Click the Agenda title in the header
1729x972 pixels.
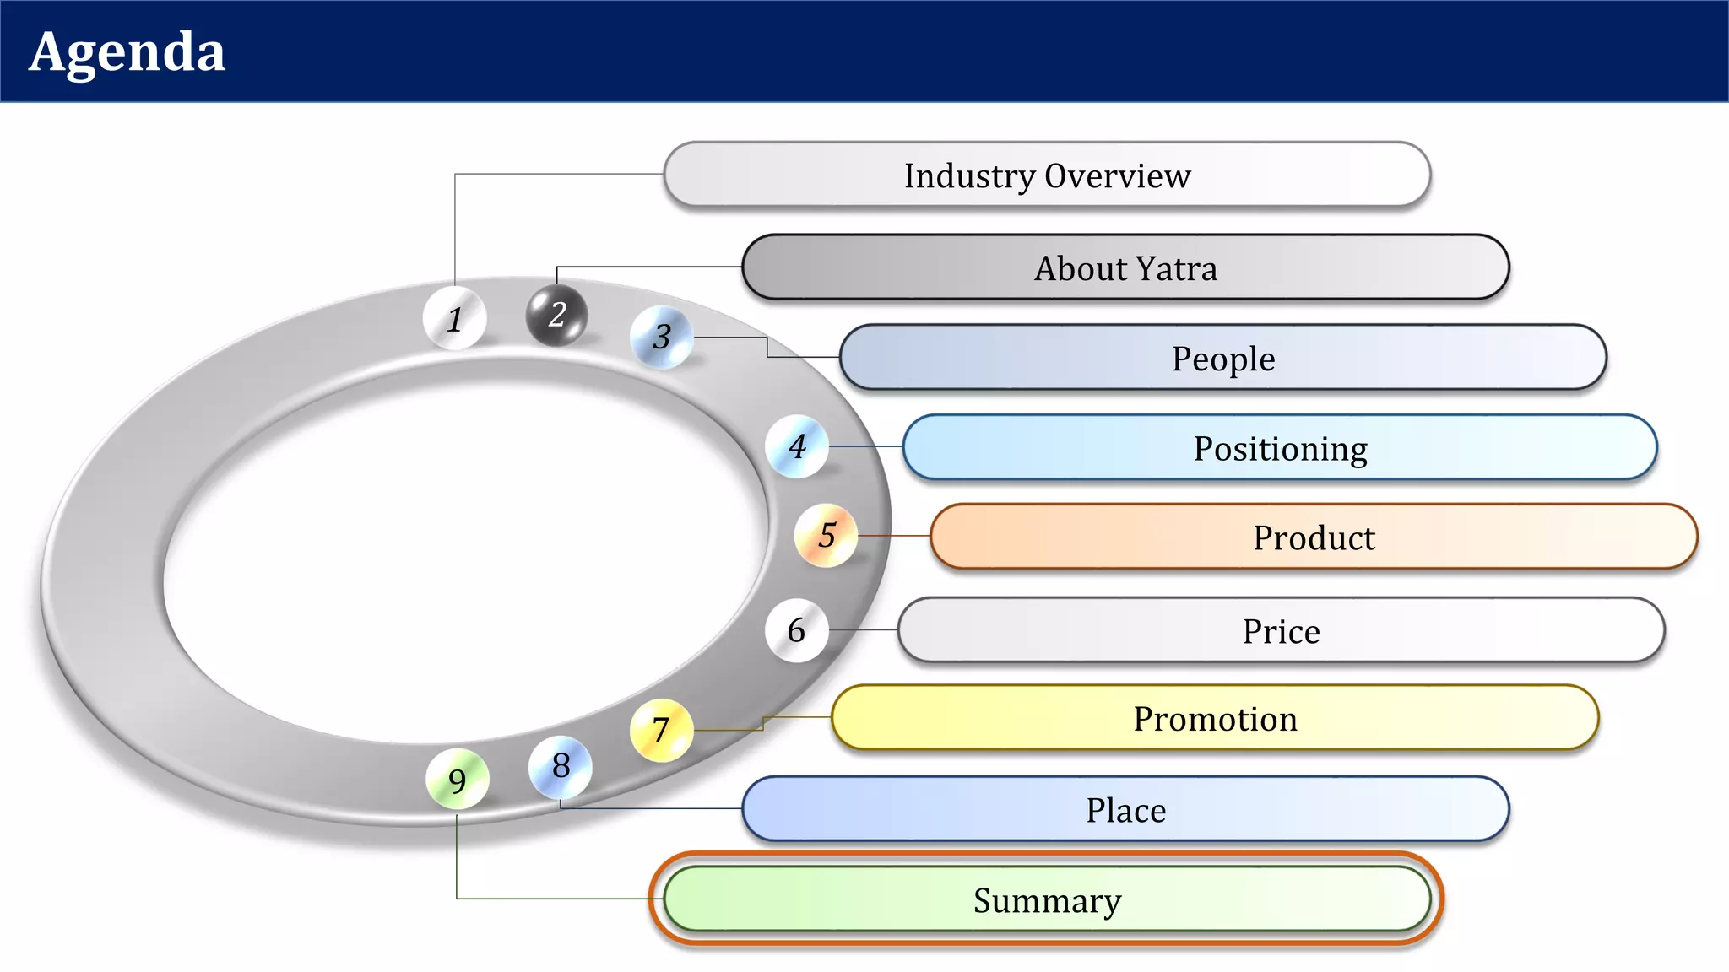point(127,52)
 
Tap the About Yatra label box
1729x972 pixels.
point(1125,267)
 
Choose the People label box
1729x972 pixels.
point(1222,358)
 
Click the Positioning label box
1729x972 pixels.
point(1280,447)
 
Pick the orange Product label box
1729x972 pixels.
point(1314,537)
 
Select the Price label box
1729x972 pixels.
point(1281,630)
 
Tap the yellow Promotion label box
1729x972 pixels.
point(1215,718)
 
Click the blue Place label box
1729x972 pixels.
point(1125,809)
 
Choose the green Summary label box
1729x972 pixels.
point(1047,899)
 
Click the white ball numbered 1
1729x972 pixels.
point(455,318)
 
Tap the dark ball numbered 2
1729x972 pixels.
point(556,315)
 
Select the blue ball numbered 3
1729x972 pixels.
point(662,337)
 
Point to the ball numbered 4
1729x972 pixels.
point(797,446)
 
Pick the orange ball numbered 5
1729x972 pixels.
point(827,535)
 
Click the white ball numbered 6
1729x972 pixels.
point(796,630)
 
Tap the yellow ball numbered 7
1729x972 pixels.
point(661,730)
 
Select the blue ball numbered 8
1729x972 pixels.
point(561,766)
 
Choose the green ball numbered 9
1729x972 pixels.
point(457,780)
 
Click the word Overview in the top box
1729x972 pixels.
point(1118,175)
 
